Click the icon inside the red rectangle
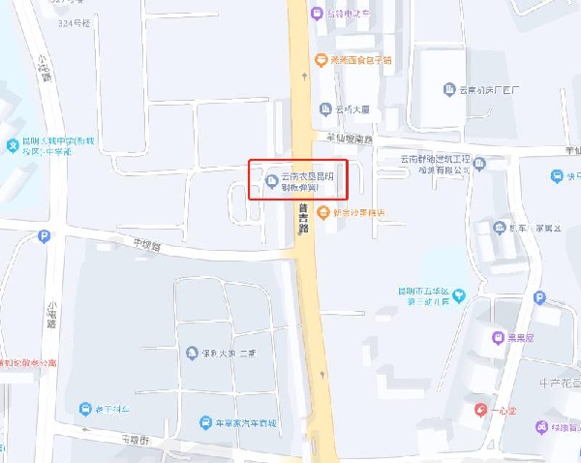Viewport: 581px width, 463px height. click(x=270, y=179)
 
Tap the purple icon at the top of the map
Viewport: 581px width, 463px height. click(x=317, y=13)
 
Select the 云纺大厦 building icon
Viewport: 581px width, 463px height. click(x=325, y=109)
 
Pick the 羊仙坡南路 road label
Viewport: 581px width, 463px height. click(x=350, y=139)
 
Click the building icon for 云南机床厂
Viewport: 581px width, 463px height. click(x=449, y=90)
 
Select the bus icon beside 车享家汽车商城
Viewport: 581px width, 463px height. click(x=205, y=423)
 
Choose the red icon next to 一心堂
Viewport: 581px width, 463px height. click(x=480, y=411)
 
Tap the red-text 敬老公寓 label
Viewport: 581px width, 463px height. click(x=29, y=364)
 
